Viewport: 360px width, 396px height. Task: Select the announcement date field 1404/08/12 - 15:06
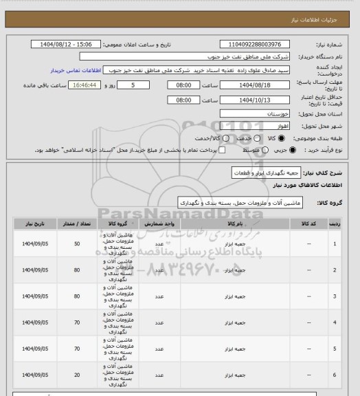pos(66,44)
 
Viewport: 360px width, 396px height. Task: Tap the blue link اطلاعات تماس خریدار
pos(76,70)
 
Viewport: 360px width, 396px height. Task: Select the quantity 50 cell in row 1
pos(76,244)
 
